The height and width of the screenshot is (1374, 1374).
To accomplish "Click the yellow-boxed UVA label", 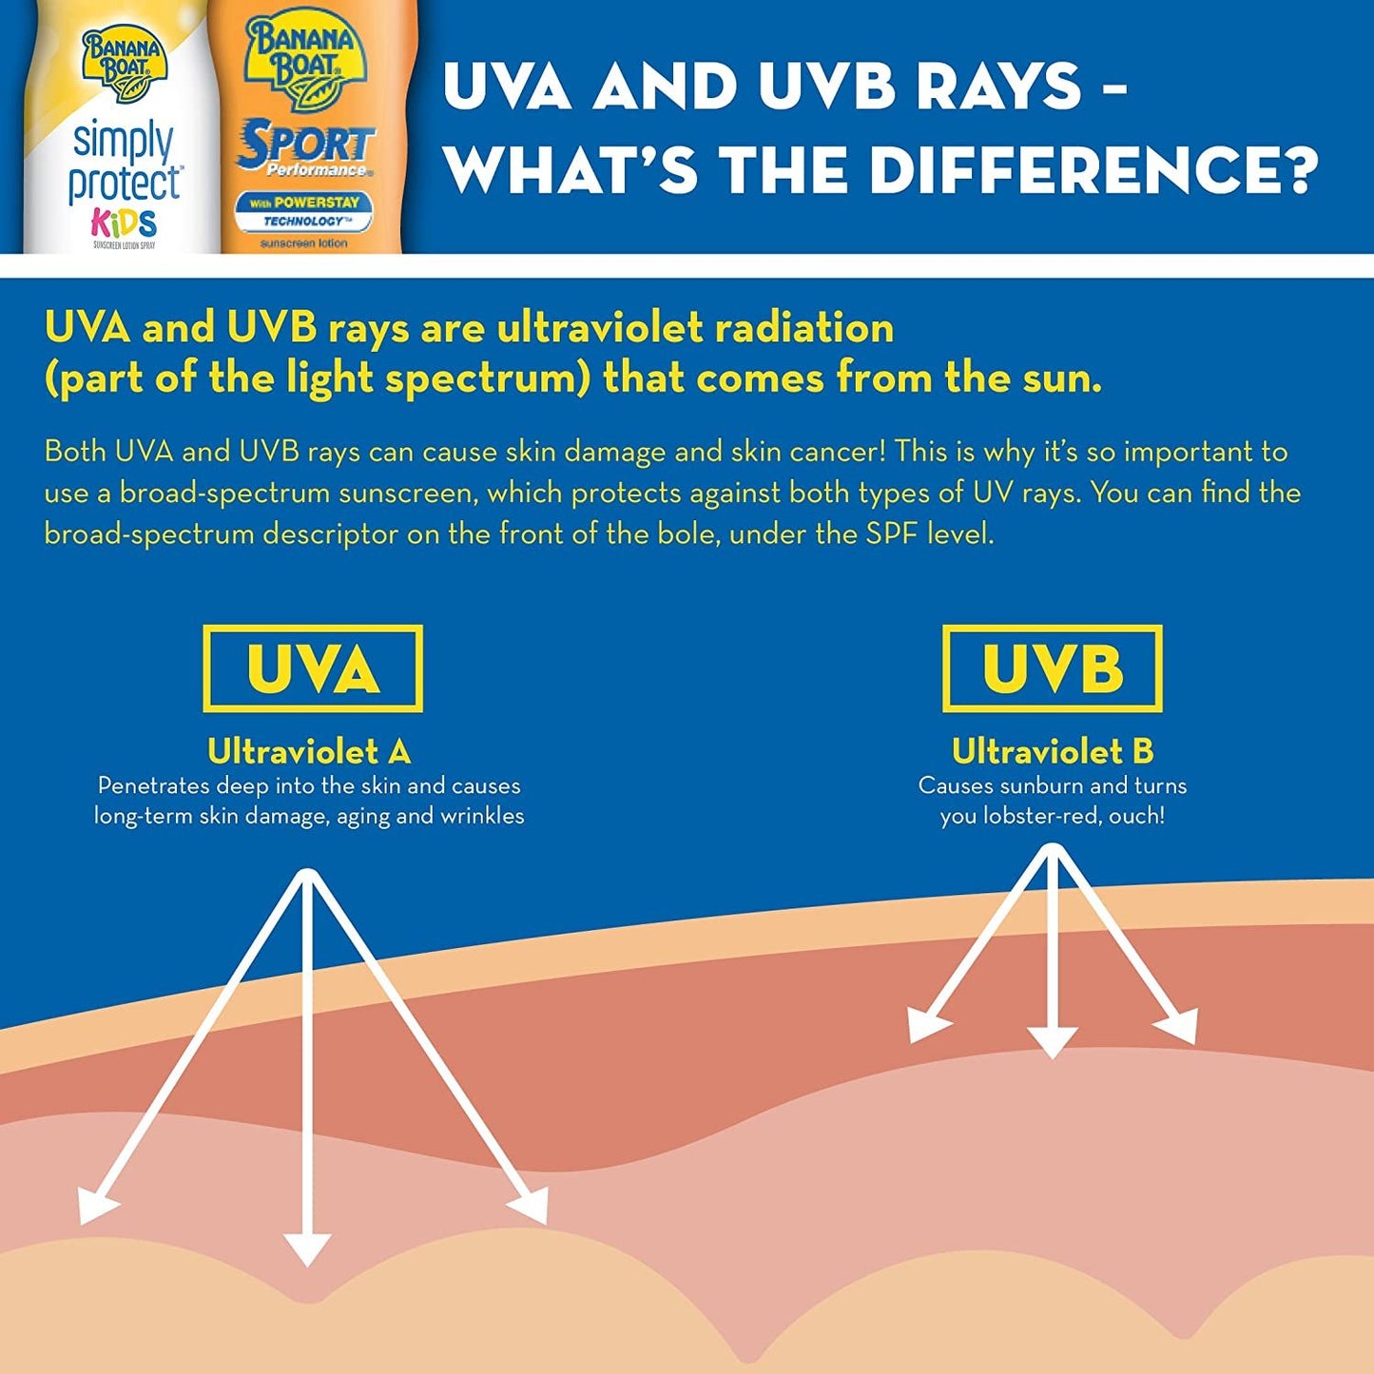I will [313, 668].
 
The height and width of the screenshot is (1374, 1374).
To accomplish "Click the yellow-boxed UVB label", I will [1052, 668].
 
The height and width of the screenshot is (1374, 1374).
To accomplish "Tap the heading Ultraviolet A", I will [309, 752].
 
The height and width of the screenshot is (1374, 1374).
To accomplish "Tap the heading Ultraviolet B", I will [1053, 752].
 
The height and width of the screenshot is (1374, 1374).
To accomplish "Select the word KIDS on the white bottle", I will [124, 223].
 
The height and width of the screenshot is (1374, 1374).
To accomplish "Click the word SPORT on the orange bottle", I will [306, 145].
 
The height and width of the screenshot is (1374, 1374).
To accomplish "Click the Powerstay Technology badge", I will [306, 212].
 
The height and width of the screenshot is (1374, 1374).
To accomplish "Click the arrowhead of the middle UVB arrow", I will [1052, 1042].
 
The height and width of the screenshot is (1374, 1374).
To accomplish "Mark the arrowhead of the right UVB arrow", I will [1178, 1027].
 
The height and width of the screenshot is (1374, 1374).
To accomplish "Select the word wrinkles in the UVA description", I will [482, 816].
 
